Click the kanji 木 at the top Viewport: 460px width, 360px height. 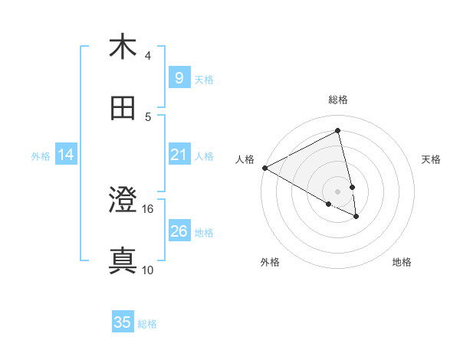coord(123,47)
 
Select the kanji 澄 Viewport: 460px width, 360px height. coord(123,201)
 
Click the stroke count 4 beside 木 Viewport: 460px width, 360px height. coord(148,55)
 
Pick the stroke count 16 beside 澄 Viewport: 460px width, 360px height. coord(148,208)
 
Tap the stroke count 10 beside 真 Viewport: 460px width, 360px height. coord(148,270)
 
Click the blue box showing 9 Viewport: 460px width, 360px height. coord(179,78)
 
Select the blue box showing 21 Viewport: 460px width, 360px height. coord(179,155)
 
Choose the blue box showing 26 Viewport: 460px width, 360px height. coord(179,231)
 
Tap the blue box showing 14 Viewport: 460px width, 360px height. coord(66,155)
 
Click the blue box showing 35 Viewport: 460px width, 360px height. coord(123,322)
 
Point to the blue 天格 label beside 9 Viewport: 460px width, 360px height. coord(204,79)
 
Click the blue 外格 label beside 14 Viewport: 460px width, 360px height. coord(41,156)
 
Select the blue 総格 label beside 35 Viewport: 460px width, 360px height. coord(147,323)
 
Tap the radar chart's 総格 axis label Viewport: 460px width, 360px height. coord(338,100)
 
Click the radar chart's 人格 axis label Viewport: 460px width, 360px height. coord(245,159)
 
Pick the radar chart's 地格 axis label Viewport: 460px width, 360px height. coord(402,262)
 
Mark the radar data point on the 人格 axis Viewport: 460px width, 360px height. coord(264,168)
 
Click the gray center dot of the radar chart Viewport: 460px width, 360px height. coord(338,191)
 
